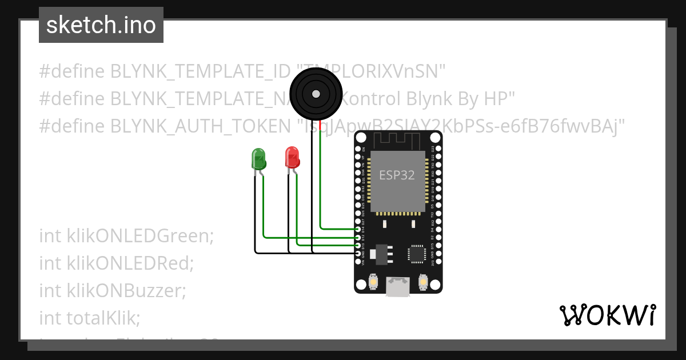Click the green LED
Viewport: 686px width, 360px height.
[x=258, y=159]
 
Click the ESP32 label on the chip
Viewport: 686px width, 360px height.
[x=397, y=175]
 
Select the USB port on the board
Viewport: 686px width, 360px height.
[x=398, y=287]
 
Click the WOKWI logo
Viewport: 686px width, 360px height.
[x=608, y=315]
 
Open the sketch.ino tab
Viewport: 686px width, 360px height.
[x=101, y=25]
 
